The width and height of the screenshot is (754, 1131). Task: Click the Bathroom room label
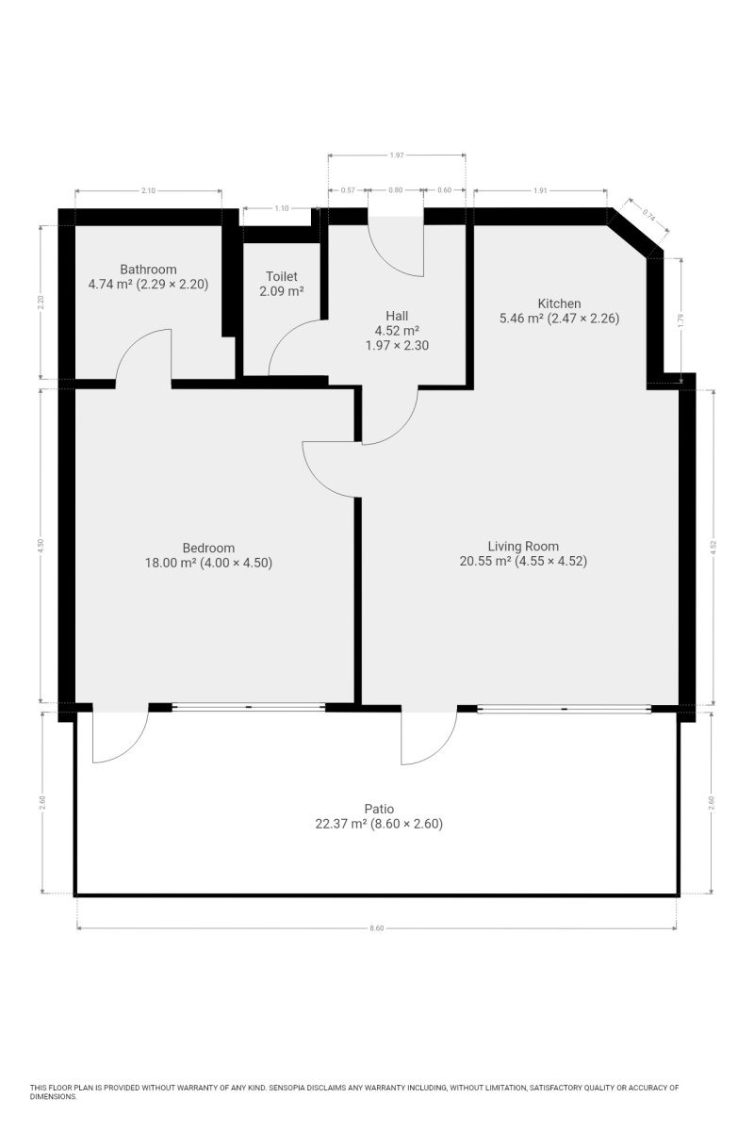pos(148,270)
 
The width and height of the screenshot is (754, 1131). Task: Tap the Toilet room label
pos(281,276)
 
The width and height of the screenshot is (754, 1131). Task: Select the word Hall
pos(397,316)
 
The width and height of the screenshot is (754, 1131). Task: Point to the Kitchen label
pos(559,303)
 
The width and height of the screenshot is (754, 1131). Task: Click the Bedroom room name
pos(208,548)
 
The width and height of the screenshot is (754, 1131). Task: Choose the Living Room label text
pos(523,547)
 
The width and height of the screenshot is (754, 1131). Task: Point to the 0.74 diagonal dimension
pos(649,216)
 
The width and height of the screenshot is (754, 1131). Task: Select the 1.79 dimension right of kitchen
pos(680,320)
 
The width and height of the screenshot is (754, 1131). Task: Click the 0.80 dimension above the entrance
pos(396,190)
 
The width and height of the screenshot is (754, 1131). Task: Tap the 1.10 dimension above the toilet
pos(281,208)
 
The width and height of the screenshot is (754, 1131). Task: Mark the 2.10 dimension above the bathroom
pos(148,190)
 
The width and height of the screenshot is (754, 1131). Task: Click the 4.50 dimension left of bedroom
pos(41,546)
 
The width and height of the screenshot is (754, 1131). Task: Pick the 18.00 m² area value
pos(171,563)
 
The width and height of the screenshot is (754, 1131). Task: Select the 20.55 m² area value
pos(484,561)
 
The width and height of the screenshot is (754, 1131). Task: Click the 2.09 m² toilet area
pos(281,291)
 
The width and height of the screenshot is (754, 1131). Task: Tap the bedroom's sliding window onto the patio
pos(249,708)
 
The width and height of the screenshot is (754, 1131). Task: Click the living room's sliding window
pos(565,709)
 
